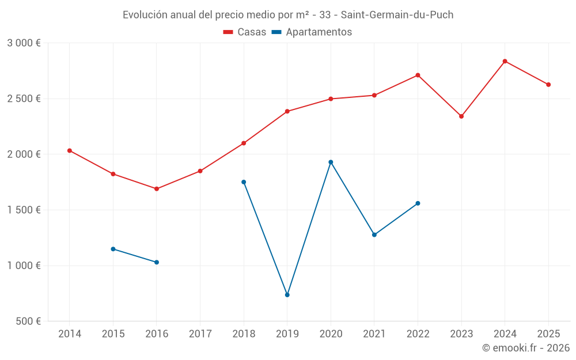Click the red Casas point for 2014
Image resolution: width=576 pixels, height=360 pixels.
coord(70,150)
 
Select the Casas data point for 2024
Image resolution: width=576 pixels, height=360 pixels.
coord(505,61)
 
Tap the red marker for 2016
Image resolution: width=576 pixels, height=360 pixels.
coord(157,189)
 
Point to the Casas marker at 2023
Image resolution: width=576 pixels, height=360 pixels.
coord(461,116)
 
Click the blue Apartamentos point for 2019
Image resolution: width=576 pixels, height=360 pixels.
coord(287,295)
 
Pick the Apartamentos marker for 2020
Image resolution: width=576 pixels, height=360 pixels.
coord(331,162)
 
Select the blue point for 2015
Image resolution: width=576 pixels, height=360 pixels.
coord(113,249)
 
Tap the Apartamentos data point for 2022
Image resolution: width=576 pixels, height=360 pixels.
coord(418,203)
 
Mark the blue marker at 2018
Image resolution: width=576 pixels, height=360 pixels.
coord(244,182)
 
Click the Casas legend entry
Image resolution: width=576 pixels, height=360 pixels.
coord(245,32)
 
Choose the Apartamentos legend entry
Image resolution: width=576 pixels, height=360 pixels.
coord(311,32)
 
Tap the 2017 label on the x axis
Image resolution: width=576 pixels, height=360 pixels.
coord(200,334)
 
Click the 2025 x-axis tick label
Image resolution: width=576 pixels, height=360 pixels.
coord(548,334)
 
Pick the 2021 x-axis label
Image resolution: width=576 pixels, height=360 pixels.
coord(374,334)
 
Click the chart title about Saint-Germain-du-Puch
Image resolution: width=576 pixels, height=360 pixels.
coord(288,15)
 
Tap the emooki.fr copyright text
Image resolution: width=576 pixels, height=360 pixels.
coord(525,348)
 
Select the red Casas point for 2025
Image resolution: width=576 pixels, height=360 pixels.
coord(548,85)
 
